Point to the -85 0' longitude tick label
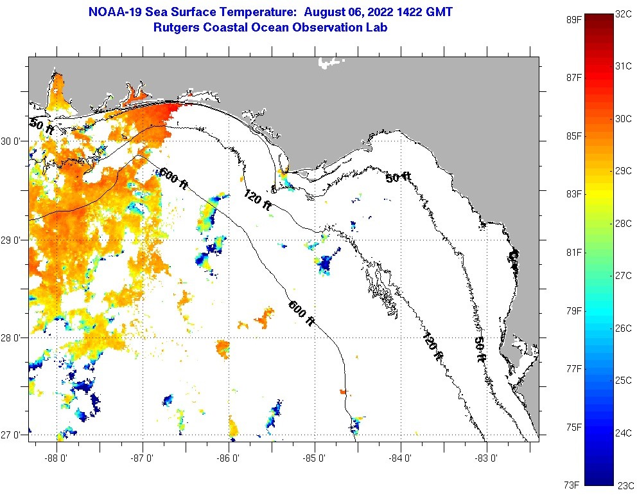point(315,458)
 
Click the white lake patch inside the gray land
point(331,62)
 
